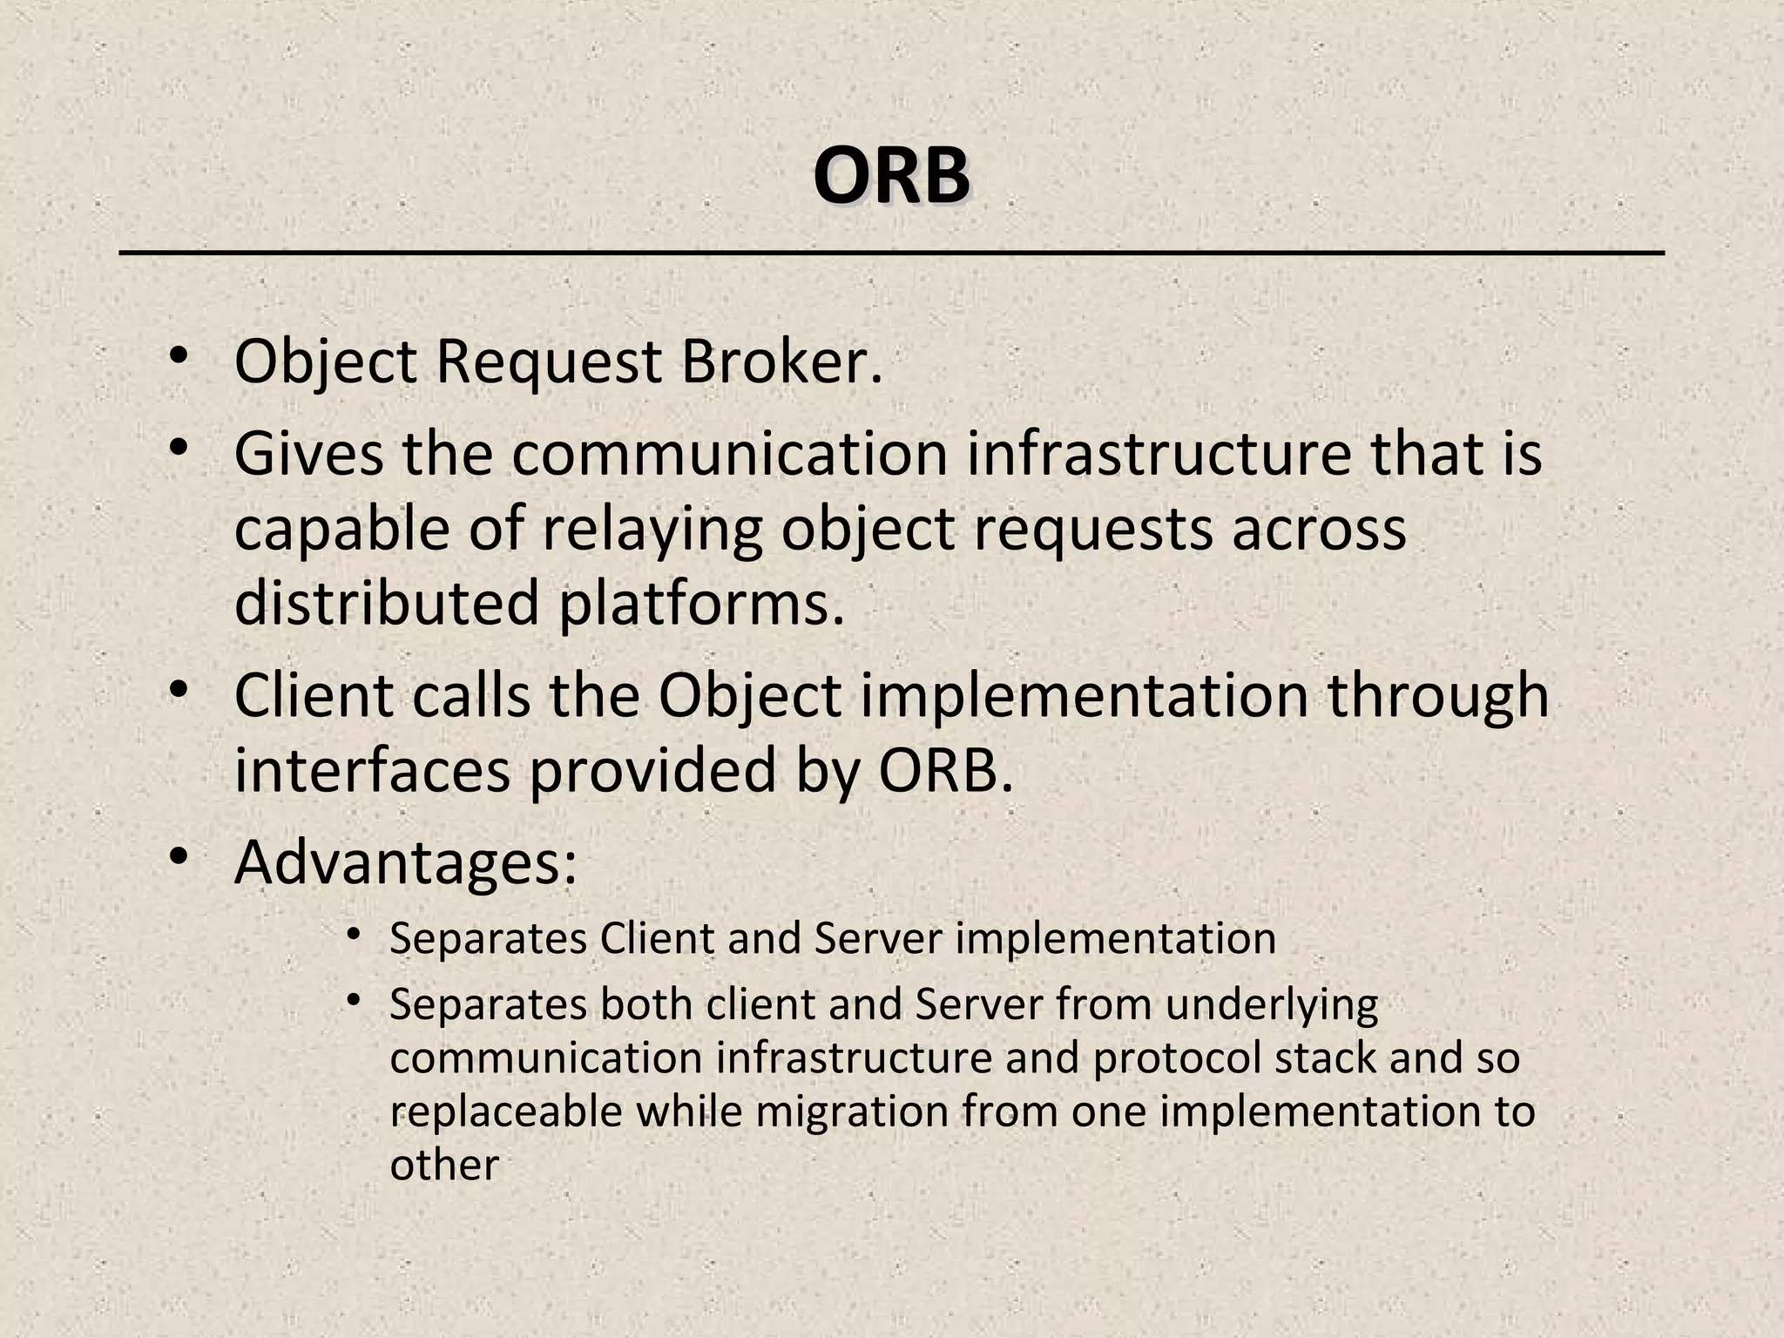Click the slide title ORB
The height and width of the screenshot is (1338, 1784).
[891, 178]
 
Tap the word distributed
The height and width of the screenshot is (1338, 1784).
[387, 603]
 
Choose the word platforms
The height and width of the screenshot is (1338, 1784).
[701, 603]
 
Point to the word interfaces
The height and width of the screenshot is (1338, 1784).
[372, 770]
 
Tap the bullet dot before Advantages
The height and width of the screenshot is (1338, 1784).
[179, 857]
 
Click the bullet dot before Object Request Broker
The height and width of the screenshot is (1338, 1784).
[179, 356]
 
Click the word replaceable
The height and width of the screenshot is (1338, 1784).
[506, 1112]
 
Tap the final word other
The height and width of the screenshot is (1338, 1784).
[444, 1166]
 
